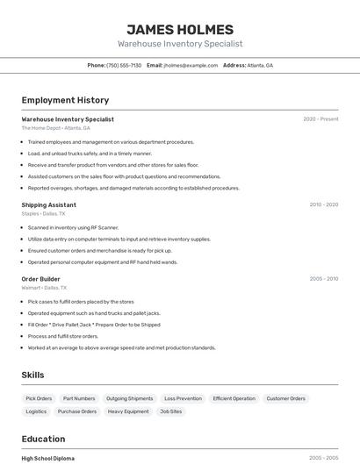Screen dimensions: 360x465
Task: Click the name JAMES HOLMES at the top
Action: (180, 30)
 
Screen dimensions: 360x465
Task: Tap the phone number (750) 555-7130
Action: (124, 66)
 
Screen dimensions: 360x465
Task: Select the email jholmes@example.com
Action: (191, 66)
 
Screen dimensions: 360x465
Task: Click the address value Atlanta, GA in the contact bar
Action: (260, 66)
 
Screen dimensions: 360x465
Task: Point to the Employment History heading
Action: (65, 101)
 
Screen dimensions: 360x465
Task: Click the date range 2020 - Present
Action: (320, 119)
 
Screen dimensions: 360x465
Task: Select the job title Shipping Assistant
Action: (48, 204)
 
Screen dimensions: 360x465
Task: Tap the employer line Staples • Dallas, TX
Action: (43, 213)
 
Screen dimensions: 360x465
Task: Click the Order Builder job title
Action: (40, 279)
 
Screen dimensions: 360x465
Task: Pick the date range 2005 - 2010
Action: (323, 279)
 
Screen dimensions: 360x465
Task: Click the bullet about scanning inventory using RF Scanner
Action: (73, 227)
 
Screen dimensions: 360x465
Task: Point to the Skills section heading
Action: (32, 375)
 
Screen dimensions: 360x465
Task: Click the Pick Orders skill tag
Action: (39, 398)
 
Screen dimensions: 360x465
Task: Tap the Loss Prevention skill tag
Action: (183, 398)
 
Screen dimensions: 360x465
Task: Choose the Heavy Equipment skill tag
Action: (128, 411)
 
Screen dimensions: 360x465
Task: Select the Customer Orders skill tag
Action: (286, 398)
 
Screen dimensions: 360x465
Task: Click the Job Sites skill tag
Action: (170, 411)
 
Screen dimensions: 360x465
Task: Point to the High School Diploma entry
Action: (47, 458)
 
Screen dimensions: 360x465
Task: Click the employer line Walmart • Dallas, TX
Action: (44, 288)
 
